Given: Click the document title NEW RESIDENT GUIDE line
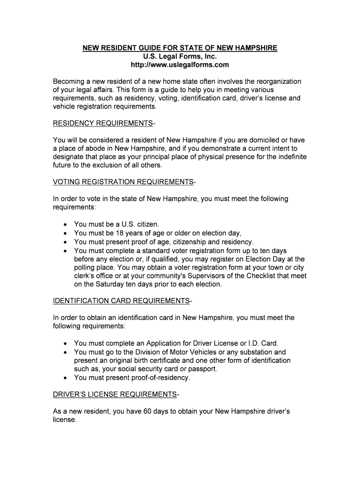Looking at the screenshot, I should [x=180, y=48].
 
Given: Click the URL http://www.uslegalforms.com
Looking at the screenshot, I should [x=180, y=65].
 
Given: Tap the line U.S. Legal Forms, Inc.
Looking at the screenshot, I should [x=180, y=57].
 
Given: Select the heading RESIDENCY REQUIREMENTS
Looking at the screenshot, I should [x=102, y=123].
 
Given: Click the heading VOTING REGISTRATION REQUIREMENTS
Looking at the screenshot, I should [x=123, y=181].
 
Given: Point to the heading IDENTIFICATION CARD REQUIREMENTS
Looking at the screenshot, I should [x=121, y=300].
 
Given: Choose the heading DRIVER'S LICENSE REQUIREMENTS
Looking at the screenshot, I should [x=115, y=394].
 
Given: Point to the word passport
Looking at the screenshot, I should [x=204, y=369].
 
